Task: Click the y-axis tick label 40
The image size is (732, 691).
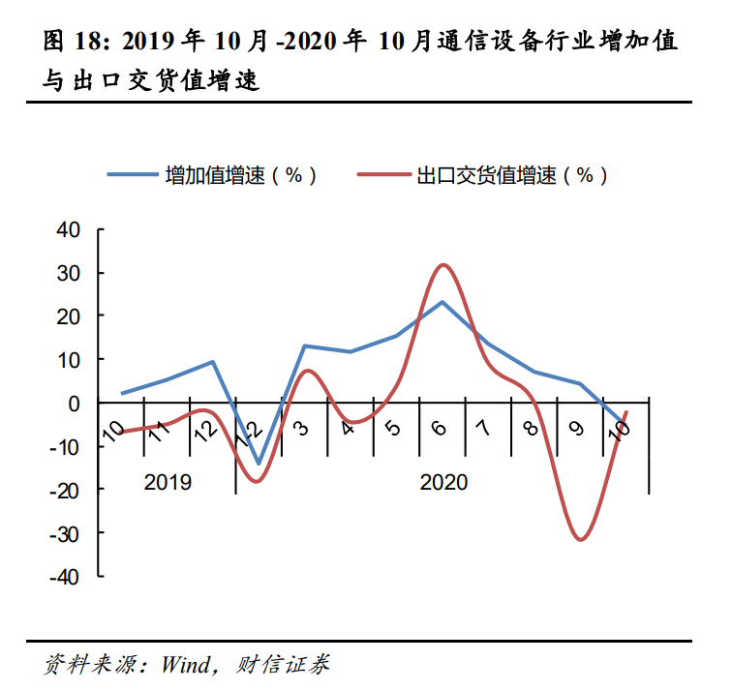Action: pyautogui.click(x=67, y=229)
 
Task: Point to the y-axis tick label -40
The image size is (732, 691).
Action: pyautogui.click(x=64, y=577)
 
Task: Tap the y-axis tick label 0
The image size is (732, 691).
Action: pyautogui.click(x=73, y=403)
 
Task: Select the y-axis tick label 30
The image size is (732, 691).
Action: pyautogui.click(x=67, y=273)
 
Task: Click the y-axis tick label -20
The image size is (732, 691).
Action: pyautogui.click(x=64, y=490)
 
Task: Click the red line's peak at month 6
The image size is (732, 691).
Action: pyautogui.click(x=443, y=264)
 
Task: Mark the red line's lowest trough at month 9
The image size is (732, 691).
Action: pyautogui.click(x=580, y=539)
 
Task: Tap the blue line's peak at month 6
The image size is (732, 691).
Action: pyautogui.click(x=442, y=302)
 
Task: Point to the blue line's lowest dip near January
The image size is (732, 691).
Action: pyautogui.click(x=259, y=464)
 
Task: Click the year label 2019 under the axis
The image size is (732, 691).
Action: pyautogui.click(x=168, y=482)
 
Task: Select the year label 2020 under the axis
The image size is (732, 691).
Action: pyautogui.click(x=443, y=482)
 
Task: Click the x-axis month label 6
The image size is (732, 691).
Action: pyautogui.click(x=441, y=427)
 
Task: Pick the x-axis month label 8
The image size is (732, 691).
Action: pyautogui.click(x=532, y=427)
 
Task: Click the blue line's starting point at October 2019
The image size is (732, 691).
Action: pyautogui.click(x=122, y=394)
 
